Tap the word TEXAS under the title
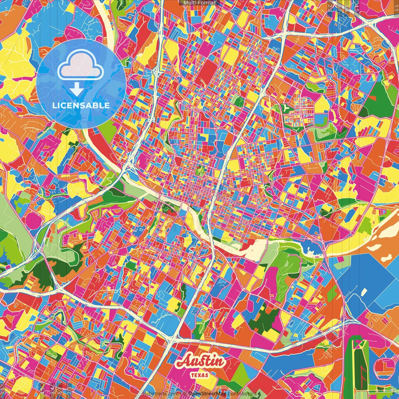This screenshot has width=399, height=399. click(x=199, y=375)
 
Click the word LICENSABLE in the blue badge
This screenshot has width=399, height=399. click(x=81, y=105)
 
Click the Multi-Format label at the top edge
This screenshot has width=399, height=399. click(x=199, y=3)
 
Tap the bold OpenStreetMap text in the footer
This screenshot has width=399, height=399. click(x=207, y=394)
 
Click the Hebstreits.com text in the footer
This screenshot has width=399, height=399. click(x=160, y=394)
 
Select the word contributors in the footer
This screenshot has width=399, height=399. click(x=242, y=394)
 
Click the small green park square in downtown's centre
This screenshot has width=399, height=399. click(x=200, y=170)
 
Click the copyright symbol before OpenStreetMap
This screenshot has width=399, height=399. click(x=185, y=394)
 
